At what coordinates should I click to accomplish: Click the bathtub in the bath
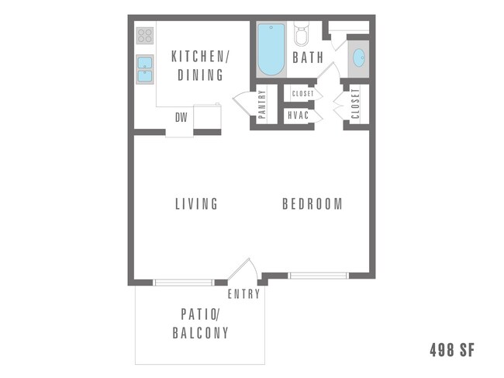271,50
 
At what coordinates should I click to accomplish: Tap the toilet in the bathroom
302,35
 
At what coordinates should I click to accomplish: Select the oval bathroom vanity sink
358,59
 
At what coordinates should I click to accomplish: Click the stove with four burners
145,36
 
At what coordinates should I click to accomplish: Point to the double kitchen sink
145,69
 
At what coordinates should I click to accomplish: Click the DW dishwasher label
181,117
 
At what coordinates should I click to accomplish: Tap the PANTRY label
262,104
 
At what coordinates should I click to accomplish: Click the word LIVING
196,204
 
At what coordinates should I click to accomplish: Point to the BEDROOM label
312,204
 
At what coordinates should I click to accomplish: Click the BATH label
308,57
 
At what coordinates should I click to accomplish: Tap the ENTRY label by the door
242,295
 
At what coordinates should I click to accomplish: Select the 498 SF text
450,350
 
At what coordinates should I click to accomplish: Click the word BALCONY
200,334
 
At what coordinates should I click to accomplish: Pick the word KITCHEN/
198,57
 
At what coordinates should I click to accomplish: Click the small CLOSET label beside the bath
302,94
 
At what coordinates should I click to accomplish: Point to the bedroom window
318,275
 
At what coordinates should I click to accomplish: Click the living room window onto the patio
183,282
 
